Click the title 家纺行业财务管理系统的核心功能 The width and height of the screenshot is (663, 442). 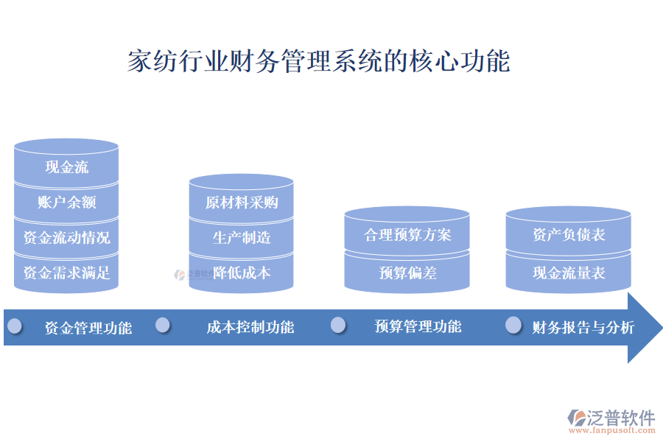(318, 61)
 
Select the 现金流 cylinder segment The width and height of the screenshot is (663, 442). (66, 167)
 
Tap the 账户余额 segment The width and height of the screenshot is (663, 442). (66, 202)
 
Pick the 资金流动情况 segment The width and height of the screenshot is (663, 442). (66, 237)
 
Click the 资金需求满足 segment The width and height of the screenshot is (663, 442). (66, 273)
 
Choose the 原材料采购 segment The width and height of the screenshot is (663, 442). (241, 203)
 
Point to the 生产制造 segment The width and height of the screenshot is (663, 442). (241, 237)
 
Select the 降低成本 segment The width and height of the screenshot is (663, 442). (241, 273)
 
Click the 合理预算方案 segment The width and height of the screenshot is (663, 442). (407, 235)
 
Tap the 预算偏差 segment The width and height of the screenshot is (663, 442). (407, 273)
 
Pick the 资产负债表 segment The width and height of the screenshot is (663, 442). (568, 235)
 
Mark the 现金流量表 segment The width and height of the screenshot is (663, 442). (568, 273)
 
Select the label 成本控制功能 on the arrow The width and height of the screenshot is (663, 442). (250, 327)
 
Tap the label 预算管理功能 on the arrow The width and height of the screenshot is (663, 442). (418, 326)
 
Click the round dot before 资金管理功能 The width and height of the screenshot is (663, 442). (15, 326)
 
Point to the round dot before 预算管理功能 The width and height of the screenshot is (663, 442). (338, 325)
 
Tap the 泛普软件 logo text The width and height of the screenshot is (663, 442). (620, 418)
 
